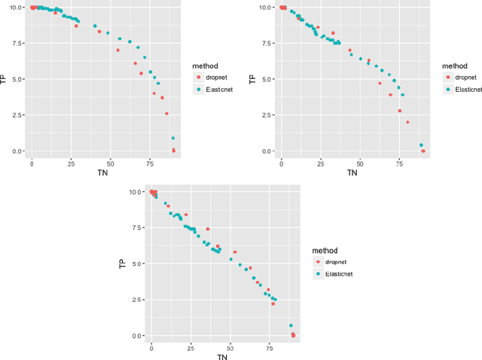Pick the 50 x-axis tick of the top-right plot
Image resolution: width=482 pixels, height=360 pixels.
pos(360,163)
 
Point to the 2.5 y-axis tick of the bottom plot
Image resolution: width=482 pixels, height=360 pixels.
pos(136,300)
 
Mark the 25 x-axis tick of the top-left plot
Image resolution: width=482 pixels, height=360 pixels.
pos(71,163)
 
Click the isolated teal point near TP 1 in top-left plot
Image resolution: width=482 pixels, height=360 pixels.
pos(173,139)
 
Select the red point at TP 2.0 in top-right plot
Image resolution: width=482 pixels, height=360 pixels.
pos(407,122)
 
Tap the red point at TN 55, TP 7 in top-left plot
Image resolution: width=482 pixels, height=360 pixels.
pos(117,50)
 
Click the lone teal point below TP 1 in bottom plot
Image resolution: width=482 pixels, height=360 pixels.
pos(291,326)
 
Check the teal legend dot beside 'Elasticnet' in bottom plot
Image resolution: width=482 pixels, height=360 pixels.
pos(319,274)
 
